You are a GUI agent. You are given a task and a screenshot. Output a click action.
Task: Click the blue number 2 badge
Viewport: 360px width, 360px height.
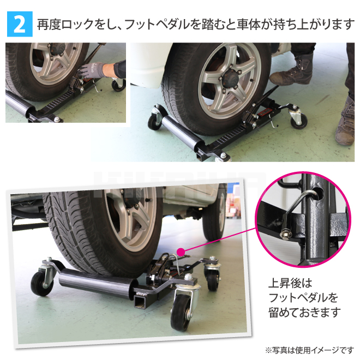click(x=20, y=24)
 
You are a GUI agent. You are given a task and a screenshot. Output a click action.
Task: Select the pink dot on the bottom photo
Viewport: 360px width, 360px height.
click(x=181, y=252)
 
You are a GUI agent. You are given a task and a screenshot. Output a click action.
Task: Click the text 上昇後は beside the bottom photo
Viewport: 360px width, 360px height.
click(x=290, y=283)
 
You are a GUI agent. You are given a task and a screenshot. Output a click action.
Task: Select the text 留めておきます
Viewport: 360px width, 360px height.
click(x=304, y=313)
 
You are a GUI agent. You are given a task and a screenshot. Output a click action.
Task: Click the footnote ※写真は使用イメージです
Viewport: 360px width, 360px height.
click(x=309, y=350)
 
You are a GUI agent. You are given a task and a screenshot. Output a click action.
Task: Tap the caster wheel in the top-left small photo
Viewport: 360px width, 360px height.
click(x=118, y=85)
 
